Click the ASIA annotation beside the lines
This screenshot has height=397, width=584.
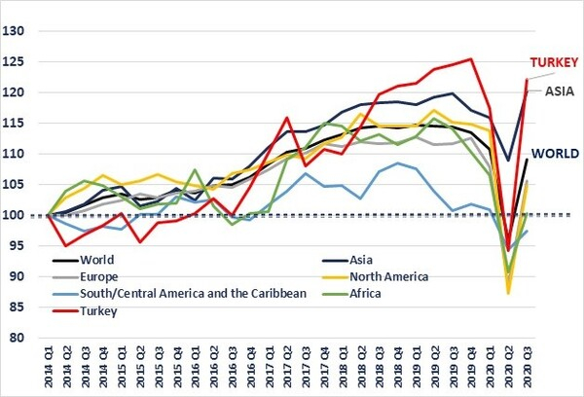(558, 92)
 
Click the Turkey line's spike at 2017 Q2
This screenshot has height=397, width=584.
(287, 118)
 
